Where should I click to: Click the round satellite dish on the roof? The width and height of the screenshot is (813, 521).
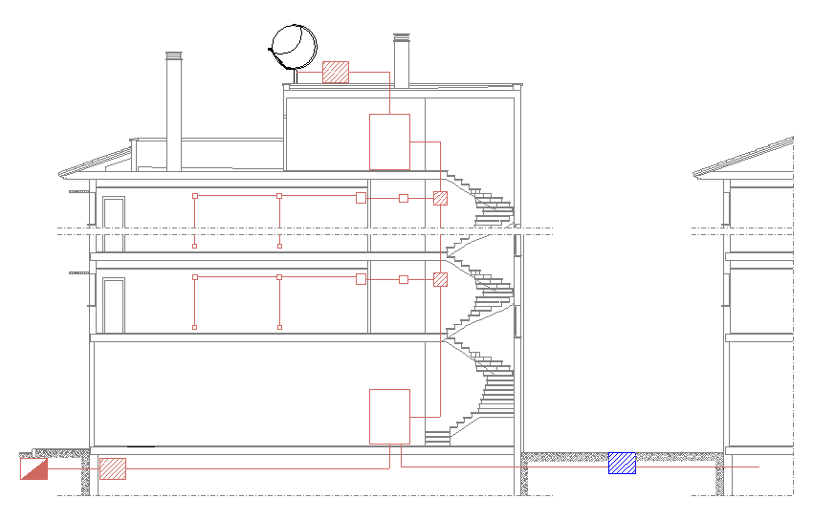tap(294, 44)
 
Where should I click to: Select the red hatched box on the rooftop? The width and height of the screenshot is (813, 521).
tap(336, 72)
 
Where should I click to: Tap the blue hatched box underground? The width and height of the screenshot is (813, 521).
tap(622, 464)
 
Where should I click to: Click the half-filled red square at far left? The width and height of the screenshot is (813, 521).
tap(33, 467)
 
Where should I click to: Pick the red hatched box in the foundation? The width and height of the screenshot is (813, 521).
tap(113, 468)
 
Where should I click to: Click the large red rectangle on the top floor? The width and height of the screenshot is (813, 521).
tap(389, 141)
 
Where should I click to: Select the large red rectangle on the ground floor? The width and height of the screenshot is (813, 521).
tap(389, 416)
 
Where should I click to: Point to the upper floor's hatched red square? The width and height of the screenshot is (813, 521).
tap(440, 198)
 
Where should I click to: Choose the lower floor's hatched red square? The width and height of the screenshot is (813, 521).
tap(440, 279)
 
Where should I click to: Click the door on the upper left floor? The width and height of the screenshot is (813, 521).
tap(114, 224)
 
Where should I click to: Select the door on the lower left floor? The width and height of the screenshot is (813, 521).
tap(114, 305)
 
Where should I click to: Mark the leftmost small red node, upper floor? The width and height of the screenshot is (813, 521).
tap(195, 196)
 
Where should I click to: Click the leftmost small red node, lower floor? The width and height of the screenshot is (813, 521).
tap(195, 277)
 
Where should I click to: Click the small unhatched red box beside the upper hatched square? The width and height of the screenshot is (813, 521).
tap(404, 198)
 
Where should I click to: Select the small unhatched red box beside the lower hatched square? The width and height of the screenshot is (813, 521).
tap(404, 279)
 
